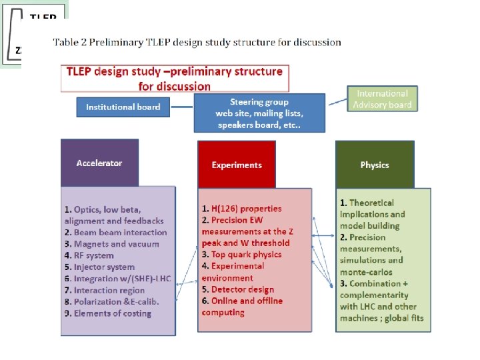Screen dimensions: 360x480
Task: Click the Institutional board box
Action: coord(123,107)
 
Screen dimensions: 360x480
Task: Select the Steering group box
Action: coord(259,113)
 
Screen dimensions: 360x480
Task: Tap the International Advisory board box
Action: coord(382,99)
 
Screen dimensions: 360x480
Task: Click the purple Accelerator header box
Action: coord(99,163)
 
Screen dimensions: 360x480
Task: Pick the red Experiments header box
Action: coord(237,165)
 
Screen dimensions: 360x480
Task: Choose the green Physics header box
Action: coord(374,165)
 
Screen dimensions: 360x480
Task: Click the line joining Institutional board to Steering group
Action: coord(181,107)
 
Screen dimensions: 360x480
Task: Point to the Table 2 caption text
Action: coord(197,43)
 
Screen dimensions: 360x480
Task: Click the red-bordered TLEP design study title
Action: coord(175,78)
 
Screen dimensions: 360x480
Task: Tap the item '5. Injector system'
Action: coord(99,267)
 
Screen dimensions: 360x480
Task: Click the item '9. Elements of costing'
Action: coord(107,313)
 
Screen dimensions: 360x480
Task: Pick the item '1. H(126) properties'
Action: coord(241,209)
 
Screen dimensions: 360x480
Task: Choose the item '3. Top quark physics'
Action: coord(241,255)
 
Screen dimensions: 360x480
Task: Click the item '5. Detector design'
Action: coord(237,289)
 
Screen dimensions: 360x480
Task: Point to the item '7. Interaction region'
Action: coord(105,291)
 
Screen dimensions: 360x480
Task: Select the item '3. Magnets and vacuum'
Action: coord(112,244)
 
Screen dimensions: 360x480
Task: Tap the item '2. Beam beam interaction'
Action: coord(116,233)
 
